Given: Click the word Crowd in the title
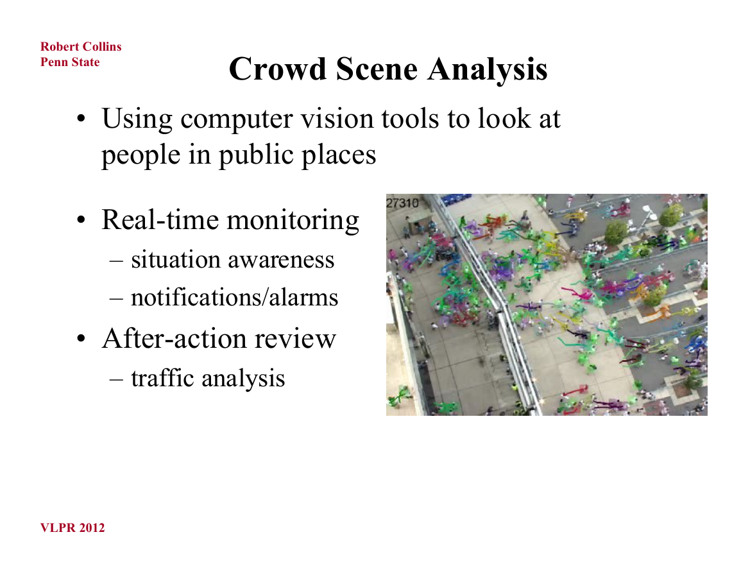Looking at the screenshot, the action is coord(277,69).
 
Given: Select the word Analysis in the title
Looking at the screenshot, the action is coord(487,70).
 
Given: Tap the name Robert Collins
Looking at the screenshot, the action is coord(81,46).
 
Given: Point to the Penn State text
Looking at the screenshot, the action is coord(70,62).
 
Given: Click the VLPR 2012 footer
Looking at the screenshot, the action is coord(72,527).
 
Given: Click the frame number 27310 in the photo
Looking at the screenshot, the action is coord(402,203).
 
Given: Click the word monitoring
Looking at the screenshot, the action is coord(293,221).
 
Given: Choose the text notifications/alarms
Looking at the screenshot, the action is coord(234,297).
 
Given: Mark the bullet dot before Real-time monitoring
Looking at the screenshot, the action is coord(81,220).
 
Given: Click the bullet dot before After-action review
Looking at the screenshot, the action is coord(81,339).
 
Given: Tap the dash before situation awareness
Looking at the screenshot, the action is coord(116,261).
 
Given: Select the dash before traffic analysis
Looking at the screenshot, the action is coord(116,380).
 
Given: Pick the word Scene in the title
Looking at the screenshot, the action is coord(377,69).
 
